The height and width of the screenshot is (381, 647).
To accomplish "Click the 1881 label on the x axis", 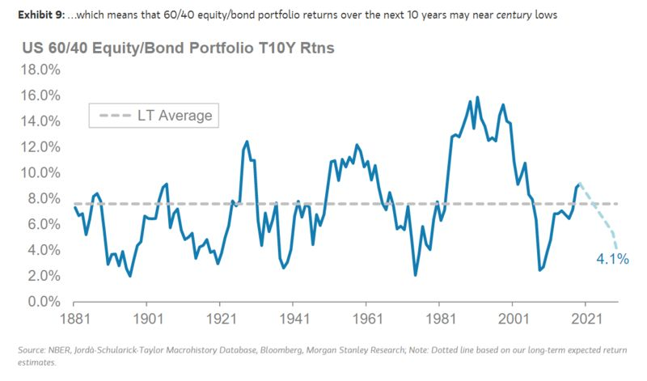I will tap(74, 318).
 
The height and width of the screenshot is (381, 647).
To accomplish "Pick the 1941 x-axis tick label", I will tap(294, 318).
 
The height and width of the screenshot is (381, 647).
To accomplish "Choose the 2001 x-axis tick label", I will tap(513, 318).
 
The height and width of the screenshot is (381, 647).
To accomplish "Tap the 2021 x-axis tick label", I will tap(586, 318).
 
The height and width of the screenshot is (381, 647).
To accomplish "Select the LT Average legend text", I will tap(175, 116).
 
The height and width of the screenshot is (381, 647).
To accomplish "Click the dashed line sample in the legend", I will tap(115, 116).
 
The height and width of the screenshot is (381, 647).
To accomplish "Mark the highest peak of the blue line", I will tap(477, 98).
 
